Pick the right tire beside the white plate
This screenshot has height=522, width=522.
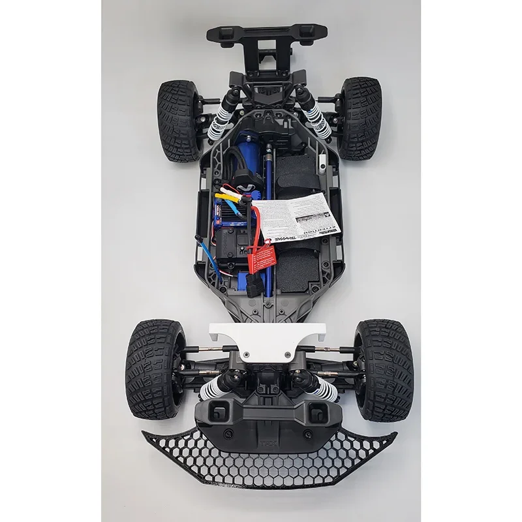(383, 369)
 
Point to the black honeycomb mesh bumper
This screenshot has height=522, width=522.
(268, 457)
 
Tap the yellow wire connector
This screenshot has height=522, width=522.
(230, 192)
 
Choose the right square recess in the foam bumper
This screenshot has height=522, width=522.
(317, 412)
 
